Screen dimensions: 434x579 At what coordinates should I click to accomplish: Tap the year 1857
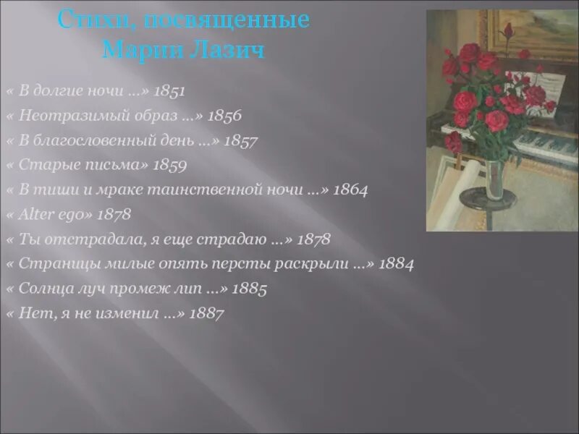[x=241, y=140]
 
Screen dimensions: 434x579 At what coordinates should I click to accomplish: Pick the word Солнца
[x=43, y=289]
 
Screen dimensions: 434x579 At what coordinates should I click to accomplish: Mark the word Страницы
[x=51, y=264]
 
